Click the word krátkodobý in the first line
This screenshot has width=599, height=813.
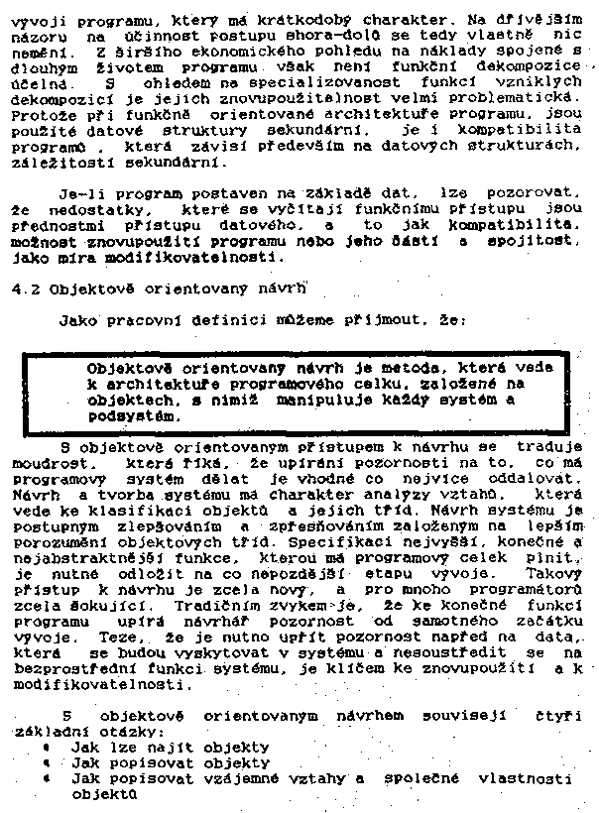pos(289,19)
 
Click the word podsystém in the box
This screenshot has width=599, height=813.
pos(133,416)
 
